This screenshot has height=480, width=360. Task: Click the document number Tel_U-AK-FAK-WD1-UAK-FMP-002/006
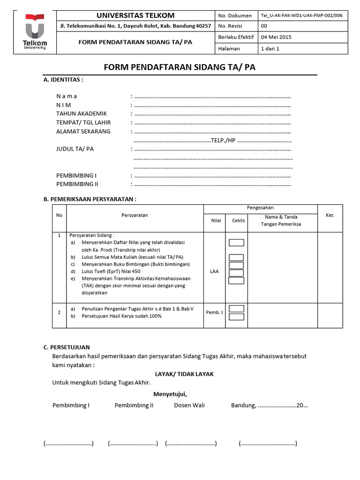click(x=301, y=15)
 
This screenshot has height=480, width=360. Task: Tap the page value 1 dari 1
click(x=270, y=49)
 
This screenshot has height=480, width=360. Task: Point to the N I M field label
click(x=64, y=105)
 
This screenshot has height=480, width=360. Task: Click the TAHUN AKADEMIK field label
click(x=82, y=113)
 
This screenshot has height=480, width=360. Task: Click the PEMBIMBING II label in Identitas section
click(x=77, y=184)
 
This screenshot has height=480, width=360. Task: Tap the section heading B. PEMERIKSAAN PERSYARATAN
click(x=90, y=199)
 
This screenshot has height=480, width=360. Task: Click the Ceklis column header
click(x=238, y=220)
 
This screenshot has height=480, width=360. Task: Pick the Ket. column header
click(x=330, y=215)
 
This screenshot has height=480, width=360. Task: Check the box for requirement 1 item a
click(x=236, y=242)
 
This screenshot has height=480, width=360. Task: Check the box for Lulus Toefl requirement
click(x=236, y=273)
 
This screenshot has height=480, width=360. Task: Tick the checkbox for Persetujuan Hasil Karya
click(x=236, y=316)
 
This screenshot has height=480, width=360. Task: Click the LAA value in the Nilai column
click(x=214, y=271)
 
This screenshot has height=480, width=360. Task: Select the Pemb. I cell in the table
click(x=214, y=312)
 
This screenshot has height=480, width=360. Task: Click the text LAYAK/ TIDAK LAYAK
click(x=184, y=374)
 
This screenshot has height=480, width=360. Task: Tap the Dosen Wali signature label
click(x=189, y=405)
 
